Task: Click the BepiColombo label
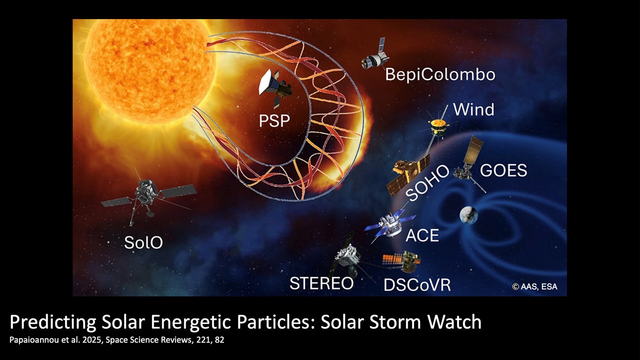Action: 440,74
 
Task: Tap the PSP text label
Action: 274,120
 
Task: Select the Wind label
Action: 473,109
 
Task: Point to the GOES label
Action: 503,170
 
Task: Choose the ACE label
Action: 422,235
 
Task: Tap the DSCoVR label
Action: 417,284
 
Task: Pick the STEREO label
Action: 321,283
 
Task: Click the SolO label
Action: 143,242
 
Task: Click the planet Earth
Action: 468,215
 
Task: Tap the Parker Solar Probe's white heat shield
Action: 265,81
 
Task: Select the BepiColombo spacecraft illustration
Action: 375,55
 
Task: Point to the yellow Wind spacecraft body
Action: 437,127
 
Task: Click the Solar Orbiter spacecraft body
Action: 147,191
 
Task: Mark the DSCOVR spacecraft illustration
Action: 402,261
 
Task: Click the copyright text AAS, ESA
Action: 534,286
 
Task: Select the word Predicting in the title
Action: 53,322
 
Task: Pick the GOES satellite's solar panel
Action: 473,150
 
